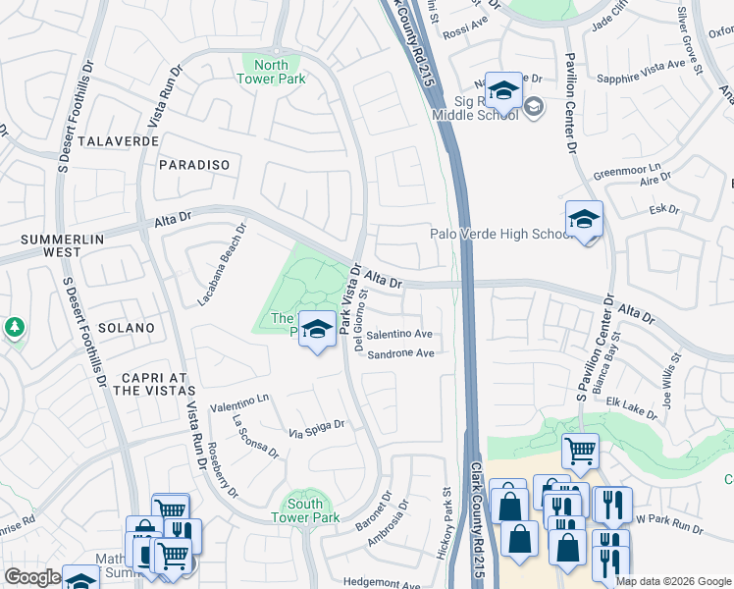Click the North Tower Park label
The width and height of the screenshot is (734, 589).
pyautogui.click(x=274, y=72)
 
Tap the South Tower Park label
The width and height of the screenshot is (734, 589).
pyautogui.click(x=304, y=510)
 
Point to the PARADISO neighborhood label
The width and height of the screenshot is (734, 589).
pyautogui.click(x=193, y=165)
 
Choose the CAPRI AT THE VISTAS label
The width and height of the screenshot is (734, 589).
pyautogui.click(x=142, y=383)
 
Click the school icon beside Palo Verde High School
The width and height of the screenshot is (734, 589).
pyautogui.click(x=584, y=219)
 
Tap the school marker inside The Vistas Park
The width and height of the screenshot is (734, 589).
pyautogui.click(x=317, y=330)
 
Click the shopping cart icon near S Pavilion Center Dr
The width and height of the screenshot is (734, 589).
pyautogui.click(x=580, y=451)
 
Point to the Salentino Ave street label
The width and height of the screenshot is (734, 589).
pyautogui.click(x=399, y=335)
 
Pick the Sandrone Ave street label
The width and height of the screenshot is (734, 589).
pyautogui.click(x=400, y=353)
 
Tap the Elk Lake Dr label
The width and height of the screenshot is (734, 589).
pyautogui.click(x=630, y=407)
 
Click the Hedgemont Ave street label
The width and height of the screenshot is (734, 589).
pyautogui.click(x=382, y=583)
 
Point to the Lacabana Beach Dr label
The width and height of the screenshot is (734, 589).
pyautogui.click(x=222, y=264)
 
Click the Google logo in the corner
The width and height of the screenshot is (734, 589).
pyautogui.click(x=32, y=577)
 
